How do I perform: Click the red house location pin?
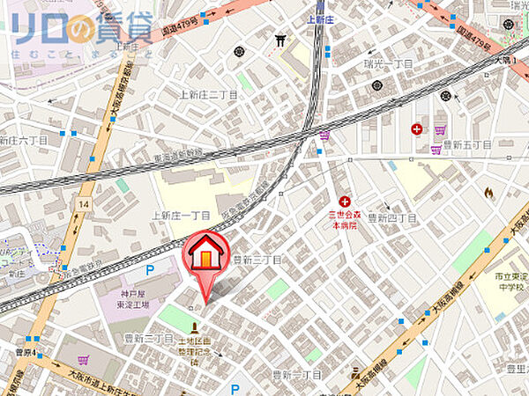205,256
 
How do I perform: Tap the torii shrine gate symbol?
281,40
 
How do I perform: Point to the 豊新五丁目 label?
466,143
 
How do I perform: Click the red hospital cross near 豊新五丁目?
416,129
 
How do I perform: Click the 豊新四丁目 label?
391,217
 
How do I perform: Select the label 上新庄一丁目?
181,215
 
